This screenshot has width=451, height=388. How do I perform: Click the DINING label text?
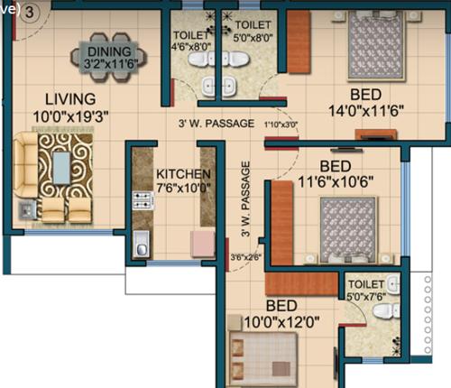tap(110, 51)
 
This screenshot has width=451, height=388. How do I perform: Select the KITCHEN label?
tap(183, 174)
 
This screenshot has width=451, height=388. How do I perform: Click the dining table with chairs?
tap(110, 56)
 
